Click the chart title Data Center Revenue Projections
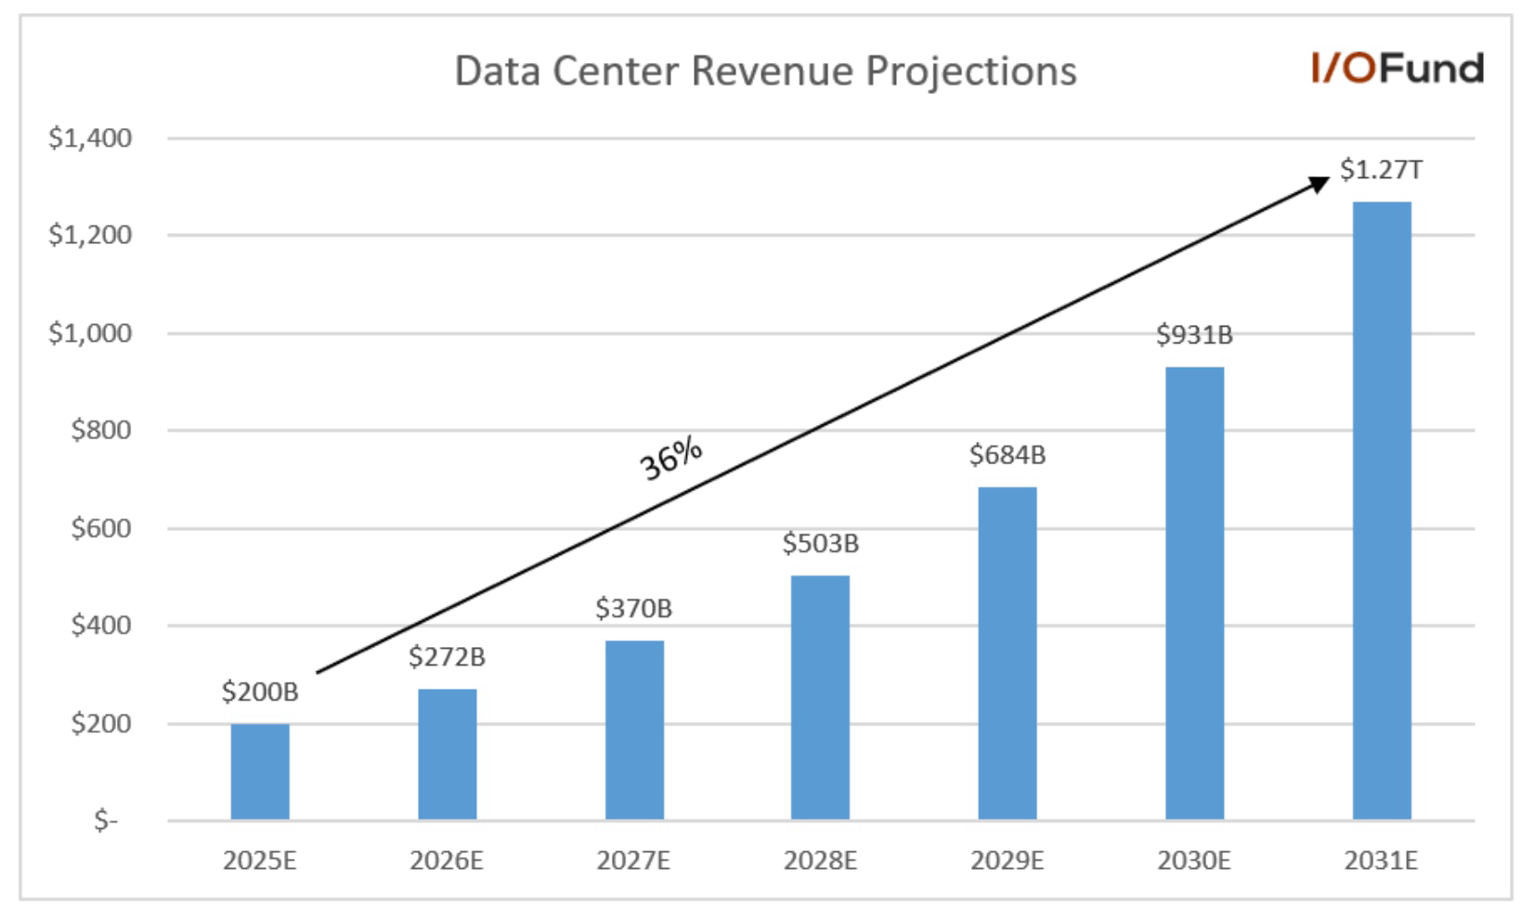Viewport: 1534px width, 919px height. (765, 71)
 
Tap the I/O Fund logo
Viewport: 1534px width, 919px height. (1397, 69)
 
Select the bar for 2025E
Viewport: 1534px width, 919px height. (260, 771)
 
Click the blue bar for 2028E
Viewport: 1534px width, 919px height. (820, 697)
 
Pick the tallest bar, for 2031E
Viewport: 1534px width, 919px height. (1382, 511)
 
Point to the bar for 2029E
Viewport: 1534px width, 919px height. (1007, 654)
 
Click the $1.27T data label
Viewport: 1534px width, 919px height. (1381, 170)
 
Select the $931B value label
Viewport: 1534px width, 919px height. (1194, 335)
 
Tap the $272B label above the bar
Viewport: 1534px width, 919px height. (447, 657)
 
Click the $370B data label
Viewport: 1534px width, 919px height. (633, 609)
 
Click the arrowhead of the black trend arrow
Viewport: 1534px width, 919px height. (1319, 184)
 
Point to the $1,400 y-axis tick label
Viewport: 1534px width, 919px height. (90, 138)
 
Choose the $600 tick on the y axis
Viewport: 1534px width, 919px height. (101, 528)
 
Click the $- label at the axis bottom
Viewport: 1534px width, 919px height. (106, 822)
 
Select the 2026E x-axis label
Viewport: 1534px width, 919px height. (447, 861)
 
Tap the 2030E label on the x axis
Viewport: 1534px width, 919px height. (1194, 861)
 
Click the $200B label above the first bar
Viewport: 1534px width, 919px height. (260, 692)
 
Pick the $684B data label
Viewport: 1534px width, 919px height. (1007, 455)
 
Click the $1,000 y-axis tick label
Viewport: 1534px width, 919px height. (90, 333)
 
